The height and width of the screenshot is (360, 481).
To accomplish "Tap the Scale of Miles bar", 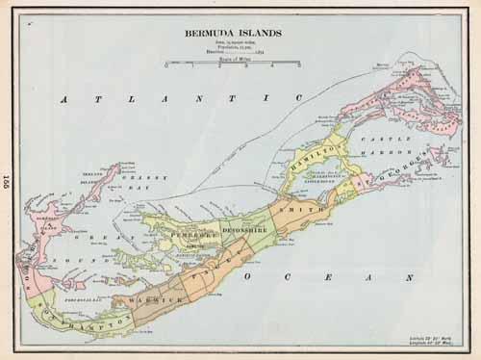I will point(232,64).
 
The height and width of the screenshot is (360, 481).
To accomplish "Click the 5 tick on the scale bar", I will point(297,65).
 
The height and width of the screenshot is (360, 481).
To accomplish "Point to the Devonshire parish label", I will point(230,234).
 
